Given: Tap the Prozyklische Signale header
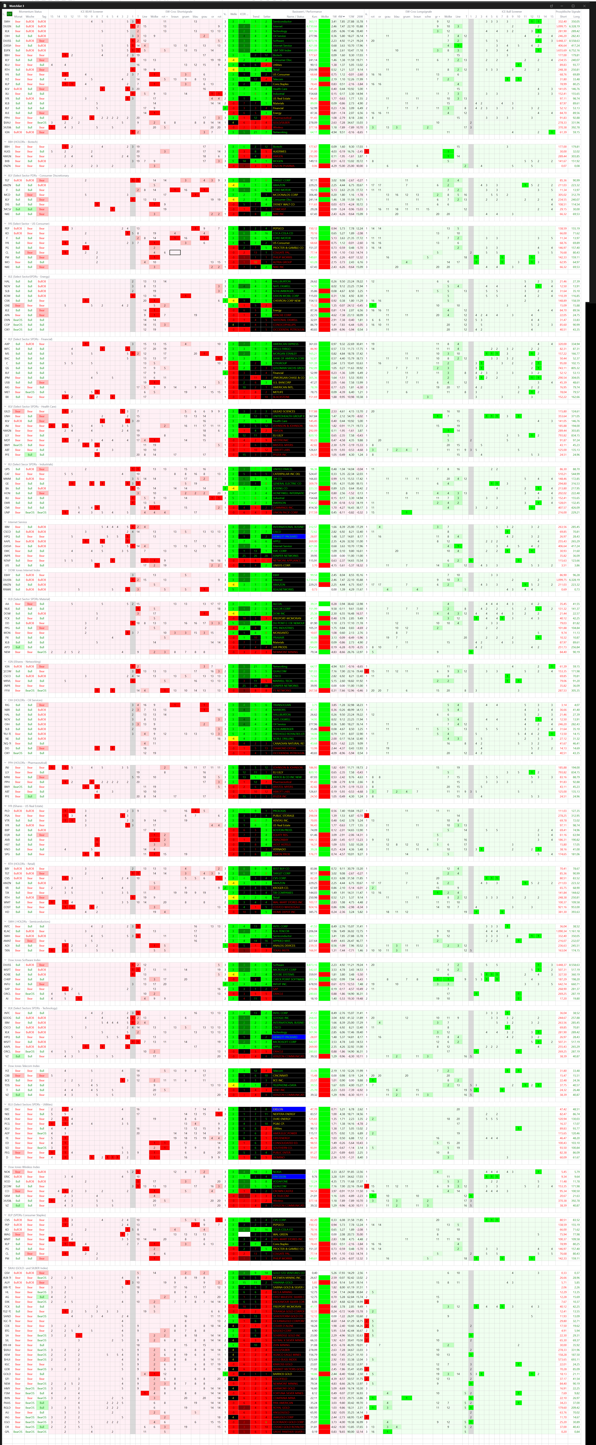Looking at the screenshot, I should point(567,11).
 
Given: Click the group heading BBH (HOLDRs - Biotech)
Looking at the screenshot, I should point(22,142).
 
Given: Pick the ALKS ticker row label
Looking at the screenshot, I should point(7,152).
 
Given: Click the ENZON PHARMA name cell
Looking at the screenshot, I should point(283,166).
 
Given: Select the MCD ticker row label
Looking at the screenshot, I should point(7,195).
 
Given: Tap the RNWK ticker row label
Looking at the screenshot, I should point(7,590).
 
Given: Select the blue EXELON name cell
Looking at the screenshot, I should point(288,1109).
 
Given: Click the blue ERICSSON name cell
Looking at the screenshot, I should point(288,1176).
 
